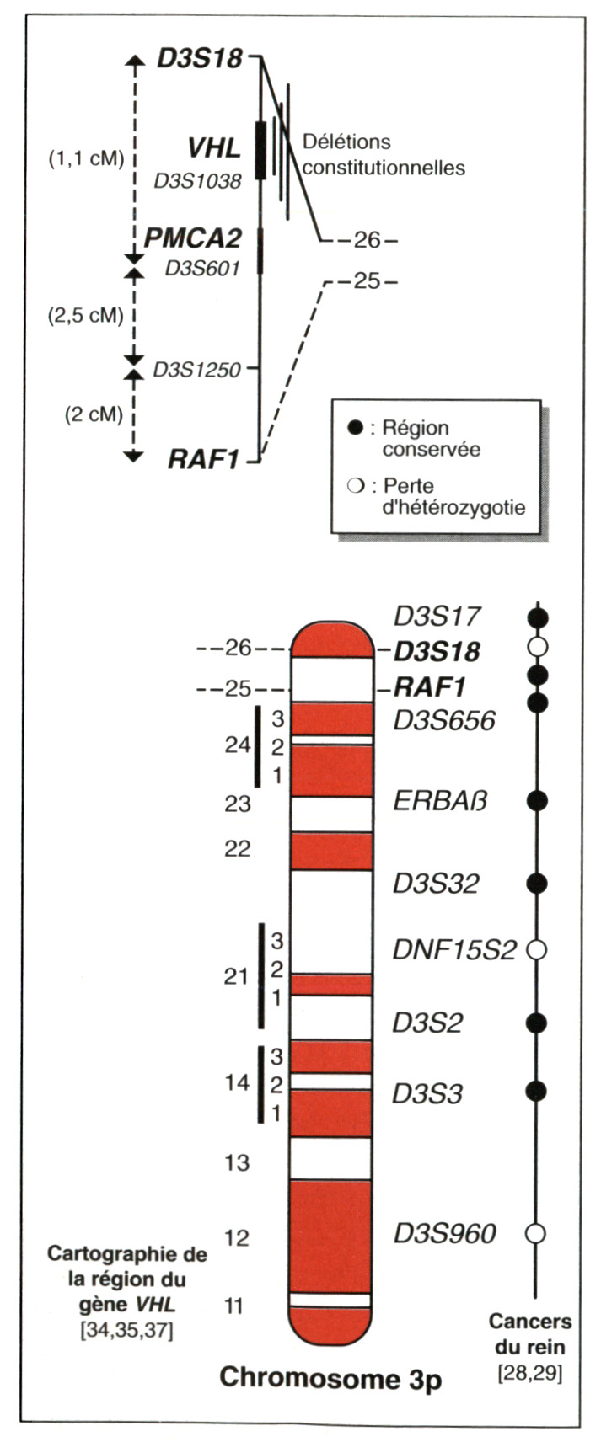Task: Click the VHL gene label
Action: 214,148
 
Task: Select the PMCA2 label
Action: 192,238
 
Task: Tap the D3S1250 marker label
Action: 196,369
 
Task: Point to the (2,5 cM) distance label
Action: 86,315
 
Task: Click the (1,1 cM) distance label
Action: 87,158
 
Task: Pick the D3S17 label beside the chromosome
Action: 437,617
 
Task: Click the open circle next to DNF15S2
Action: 537,949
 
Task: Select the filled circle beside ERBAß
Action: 537,800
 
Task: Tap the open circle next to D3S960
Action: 537,1233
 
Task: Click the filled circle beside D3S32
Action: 537,883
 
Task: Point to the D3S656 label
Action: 444,721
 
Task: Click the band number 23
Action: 238,804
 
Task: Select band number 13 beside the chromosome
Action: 238,1163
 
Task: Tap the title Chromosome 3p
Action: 330,1379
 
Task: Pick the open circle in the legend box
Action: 355,487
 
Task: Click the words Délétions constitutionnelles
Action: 384,155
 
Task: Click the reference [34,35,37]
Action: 127,1332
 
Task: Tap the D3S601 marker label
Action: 202,268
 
